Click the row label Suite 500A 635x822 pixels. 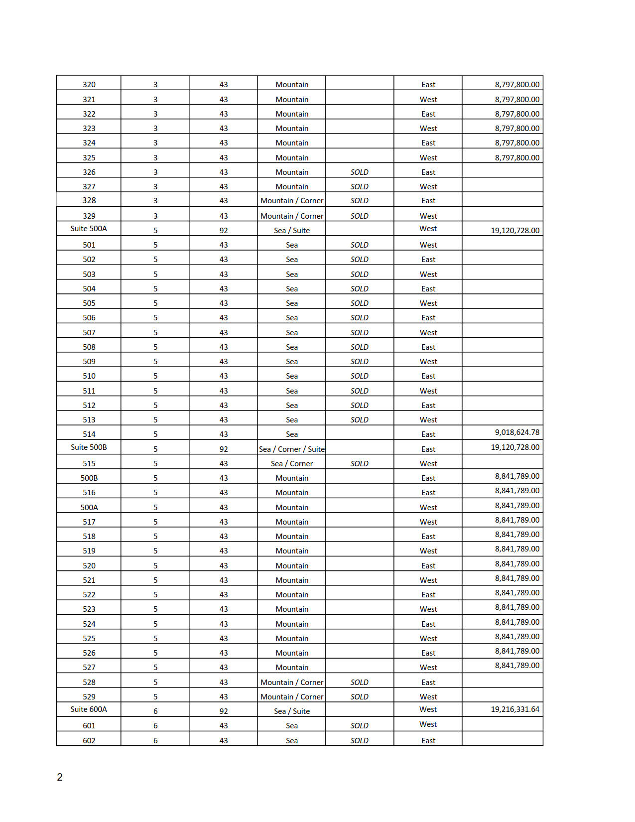(89, 229)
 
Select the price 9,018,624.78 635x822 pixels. (517, 432)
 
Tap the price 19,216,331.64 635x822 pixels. (515, 709)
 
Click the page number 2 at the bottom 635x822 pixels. (60, 777)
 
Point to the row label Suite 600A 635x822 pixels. (89, 709)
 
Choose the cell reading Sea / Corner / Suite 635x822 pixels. (292, 449)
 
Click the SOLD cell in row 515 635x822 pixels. (359, 464)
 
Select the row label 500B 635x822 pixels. (89, 478)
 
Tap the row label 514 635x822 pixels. (89, 434)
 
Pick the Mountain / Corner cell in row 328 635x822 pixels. (292, 201)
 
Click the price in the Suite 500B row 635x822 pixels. (515, 447)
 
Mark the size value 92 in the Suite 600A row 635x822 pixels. (224, 711)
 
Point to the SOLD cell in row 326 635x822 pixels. (359, 172)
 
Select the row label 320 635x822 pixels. (89, 85)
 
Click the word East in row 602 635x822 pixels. (428, 741)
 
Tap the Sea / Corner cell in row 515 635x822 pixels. (292, 464)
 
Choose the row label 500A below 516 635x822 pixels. (89, 508)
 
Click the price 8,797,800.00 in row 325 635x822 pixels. (517, 158)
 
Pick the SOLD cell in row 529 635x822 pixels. (359, 697)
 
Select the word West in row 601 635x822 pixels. (428, 724)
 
